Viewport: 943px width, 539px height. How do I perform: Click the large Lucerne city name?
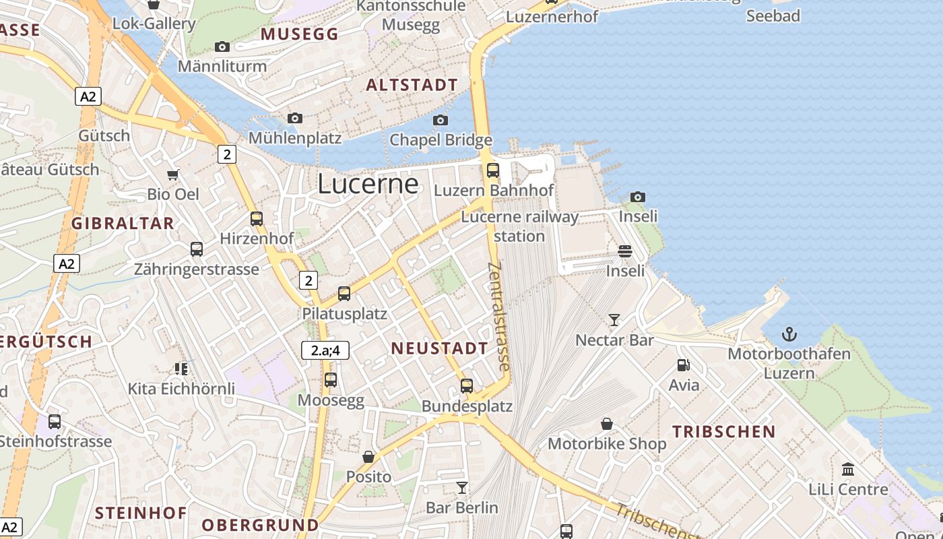(x=368, y=183)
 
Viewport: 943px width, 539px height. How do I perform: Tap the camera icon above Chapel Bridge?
(x=441, y=121)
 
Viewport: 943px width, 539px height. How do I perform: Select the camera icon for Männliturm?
(x=222, y=46)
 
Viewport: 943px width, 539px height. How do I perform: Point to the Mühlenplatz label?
(x=295, y=138)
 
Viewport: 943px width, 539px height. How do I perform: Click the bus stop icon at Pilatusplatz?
(x=344, y=293)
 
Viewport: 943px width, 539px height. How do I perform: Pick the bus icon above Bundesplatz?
(x=467, y=386)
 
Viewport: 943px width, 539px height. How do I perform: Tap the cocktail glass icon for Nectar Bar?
(x=614, y=319)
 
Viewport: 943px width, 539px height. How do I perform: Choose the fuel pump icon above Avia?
(x=684, y=365)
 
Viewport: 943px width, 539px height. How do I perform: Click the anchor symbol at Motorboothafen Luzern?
(x=789, y=334)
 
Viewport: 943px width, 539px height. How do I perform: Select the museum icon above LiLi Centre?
(x=848, y=469)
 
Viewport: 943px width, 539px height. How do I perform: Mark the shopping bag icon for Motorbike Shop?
(x=607, y=424)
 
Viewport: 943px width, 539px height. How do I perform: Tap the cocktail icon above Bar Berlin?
(x=462, y=487)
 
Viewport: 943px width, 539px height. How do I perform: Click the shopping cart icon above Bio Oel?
(x=173, y=175)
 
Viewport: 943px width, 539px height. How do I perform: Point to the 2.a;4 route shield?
(x=325, y=350)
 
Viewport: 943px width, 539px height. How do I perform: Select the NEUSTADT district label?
(x=439, y=348)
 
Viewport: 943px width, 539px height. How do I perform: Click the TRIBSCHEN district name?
(x=724, y=432)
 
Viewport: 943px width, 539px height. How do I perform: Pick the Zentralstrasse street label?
(x=498, y=317)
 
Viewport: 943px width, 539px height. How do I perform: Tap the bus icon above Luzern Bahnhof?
(x=493, y=170)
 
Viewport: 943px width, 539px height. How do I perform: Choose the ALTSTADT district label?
(x=412, y=86)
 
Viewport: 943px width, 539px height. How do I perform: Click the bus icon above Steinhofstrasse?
(x=55, y=422)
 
